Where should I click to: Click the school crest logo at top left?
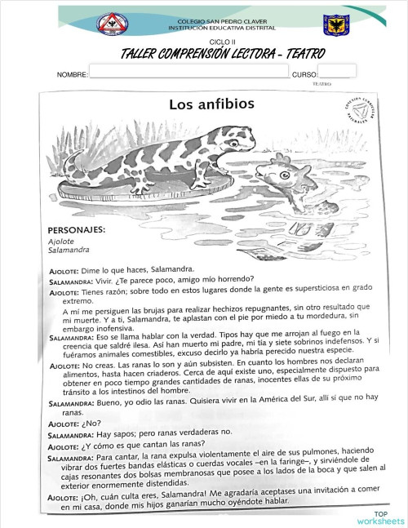113,24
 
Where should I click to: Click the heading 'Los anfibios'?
211,104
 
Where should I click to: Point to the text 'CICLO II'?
221,40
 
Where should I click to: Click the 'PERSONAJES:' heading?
77,230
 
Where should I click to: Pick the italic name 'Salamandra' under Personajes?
68,251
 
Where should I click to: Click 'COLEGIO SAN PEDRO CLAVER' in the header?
220,21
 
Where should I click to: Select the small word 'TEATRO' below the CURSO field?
322,83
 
